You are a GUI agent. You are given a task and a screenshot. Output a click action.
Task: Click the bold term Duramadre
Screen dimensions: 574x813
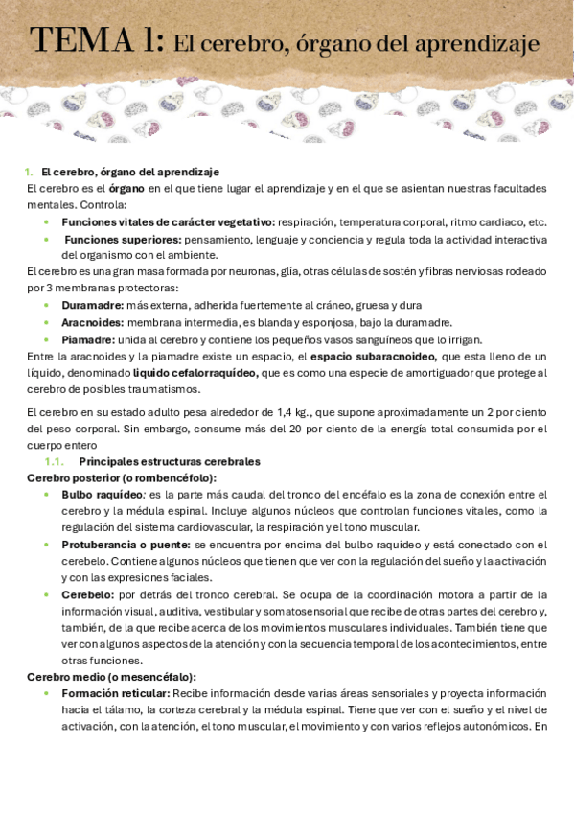pos(92,305)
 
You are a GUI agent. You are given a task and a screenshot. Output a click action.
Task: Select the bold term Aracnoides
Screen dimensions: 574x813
pos(92,322)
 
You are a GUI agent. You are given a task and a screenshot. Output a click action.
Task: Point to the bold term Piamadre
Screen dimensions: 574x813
pos(88,339)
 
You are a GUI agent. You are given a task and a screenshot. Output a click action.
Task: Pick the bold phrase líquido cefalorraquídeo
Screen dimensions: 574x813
pos(195,373)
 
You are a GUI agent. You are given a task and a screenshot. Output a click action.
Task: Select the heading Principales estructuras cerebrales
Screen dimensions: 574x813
pos(170,461)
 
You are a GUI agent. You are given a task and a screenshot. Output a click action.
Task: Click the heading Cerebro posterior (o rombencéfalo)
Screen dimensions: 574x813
pos(121,477)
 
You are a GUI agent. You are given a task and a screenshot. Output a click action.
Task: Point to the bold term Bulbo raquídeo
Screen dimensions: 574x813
pos(102,495)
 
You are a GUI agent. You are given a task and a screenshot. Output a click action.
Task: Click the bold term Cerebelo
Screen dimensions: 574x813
pos(87,594)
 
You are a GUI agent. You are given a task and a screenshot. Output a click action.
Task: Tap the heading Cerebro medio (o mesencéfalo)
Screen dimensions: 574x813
pos(111,677)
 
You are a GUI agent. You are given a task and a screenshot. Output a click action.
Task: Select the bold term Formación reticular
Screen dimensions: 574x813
pos(116,693)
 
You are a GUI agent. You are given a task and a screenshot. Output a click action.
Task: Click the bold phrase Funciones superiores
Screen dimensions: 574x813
pos(111,239)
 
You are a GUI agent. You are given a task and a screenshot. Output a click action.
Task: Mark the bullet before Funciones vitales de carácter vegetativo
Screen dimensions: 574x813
pos(47,222)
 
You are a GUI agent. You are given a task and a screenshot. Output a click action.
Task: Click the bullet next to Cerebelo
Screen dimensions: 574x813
pos(47,594)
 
